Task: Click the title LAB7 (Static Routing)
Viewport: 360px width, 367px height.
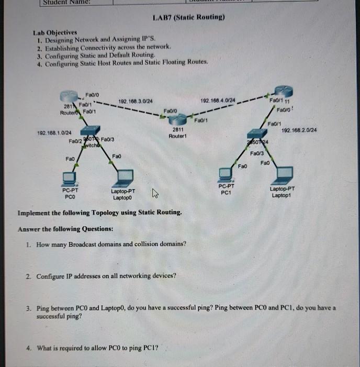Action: tap(188, 17)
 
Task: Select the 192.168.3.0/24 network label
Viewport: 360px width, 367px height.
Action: tap(136, 101)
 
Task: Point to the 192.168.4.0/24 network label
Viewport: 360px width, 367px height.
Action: tap(218, 100)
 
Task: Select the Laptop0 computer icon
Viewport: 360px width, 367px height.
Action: tap(125, 175)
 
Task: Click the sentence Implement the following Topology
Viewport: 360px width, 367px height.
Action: tap(100, 213)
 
